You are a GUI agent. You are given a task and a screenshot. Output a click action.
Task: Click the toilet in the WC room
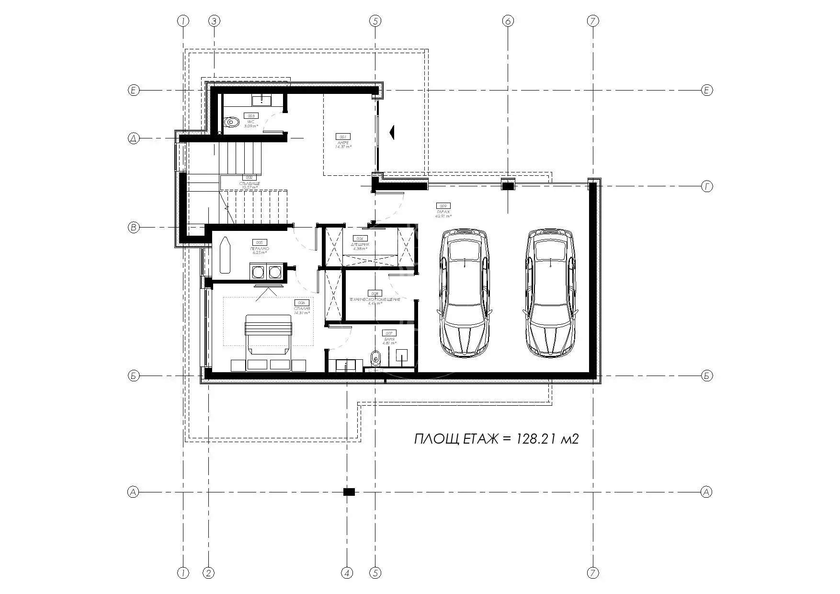(232, 122)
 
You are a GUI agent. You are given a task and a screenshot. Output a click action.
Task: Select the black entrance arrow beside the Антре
(392, 132)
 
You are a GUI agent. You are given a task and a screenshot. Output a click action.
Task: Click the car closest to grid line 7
(551, 292)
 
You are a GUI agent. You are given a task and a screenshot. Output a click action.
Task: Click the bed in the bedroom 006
(268, 334)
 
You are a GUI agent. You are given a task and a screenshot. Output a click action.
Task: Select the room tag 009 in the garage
(443, 206)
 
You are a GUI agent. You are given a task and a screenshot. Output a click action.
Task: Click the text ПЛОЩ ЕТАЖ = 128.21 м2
(496, 439)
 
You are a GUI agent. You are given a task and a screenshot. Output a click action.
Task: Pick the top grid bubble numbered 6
(508, 21)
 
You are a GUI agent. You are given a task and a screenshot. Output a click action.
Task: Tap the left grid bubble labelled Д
(134, 139)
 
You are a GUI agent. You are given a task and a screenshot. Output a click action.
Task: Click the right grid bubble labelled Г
(707, 187)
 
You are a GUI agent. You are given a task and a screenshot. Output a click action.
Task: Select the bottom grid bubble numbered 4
(347, 572)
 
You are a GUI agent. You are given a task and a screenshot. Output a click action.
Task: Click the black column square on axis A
(349, 491)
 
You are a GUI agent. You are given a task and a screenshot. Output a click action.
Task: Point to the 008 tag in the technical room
(375, 293)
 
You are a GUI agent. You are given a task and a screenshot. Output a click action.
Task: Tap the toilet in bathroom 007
(376, 357)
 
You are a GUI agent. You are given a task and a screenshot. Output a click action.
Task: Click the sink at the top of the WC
(262, 100)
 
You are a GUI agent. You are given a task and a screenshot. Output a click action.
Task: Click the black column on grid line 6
(508, 185)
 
